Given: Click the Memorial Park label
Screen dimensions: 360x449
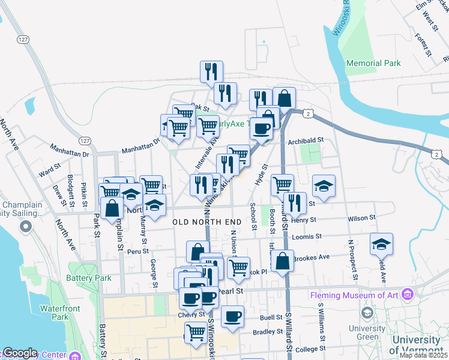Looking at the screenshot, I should (x=373, y=63).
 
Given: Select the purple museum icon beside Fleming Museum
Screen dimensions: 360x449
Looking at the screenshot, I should (x=408, y=295).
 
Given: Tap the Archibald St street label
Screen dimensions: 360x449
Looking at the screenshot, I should (x=306, y=141).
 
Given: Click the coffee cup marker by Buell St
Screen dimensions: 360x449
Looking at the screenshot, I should (x=233, y=316).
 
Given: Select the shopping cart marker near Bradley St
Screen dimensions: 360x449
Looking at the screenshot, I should (x=196, y=332).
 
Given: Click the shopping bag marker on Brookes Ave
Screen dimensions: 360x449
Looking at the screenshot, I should (x=282, y=262).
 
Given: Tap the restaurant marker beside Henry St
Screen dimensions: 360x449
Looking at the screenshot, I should (x=295, y=203).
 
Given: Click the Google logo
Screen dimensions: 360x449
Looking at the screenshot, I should (x=19, y=353).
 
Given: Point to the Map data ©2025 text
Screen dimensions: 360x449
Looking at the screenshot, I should (x=423, y=355).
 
